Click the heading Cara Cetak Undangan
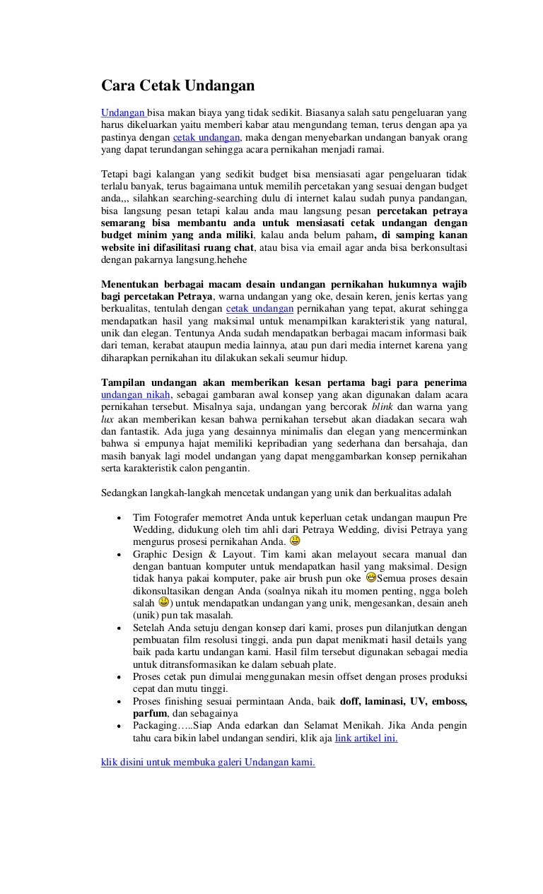point(177,87)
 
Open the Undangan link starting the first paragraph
point(123,112)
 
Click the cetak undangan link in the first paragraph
point(206,138)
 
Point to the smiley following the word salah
point(163,603)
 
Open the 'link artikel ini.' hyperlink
point(366,739)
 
